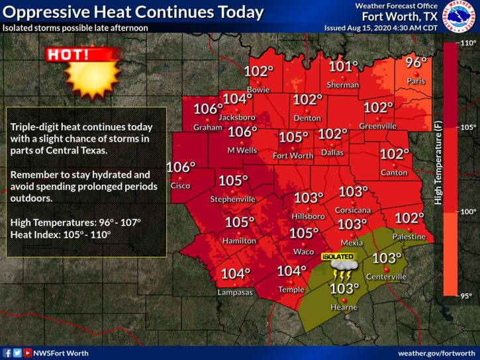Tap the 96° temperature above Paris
[416, 64]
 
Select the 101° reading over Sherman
[344, 67]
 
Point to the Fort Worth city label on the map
[293, 156]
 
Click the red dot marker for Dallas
[333, 144]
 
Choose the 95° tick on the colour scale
[469, 295]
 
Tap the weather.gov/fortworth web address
[436, 353]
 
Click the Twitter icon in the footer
[17, 353]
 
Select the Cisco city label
[180, 185]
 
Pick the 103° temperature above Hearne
[344, 289]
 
